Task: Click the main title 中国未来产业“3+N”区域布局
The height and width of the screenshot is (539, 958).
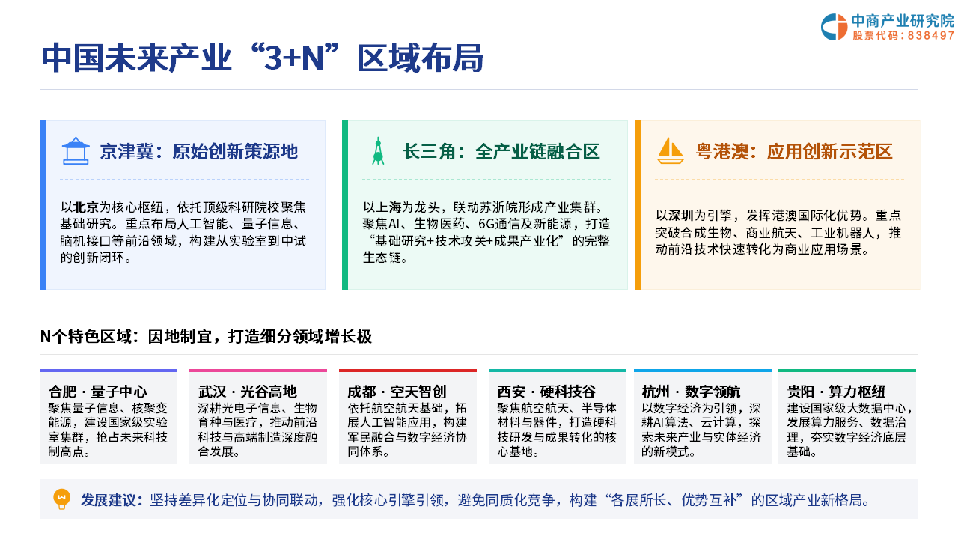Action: coord(262,58)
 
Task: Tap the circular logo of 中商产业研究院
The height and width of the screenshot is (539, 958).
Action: coord(834,27)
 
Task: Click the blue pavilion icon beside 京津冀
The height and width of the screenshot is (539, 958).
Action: coord(76,151)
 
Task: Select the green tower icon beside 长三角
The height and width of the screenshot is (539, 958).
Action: coord(378,151)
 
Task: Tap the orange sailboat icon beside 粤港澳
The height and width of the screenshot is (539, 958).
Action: coord(670,151)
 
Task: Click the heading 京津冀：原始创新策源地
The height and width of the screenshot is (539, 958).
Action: coord(199,151)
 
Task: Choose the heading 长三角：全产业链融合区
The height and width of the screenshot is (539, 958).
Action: coord(501,151)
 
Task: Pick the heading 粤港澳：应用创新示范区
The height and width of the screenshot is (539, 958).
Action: coord(794,151)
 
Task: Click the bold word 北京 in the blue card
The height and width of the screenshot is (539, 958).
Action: coord(86,207)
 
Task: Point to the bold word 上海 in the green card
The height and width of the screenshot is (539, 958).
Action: coord(388,207)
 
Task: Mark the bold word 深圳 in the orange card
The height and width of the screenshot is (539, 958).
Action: coord(681,215)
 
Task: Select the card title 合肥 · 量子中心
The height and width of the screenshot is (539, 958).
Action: coord(97,392)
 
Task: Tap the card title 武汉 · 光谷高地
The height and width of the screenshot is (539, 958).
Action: coord(247,392)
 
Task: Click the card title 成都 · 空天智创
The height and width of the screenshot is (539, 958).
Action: coord(397,392)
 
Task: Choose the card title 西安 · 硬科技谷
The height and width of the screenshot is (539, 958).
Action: coord(546,392)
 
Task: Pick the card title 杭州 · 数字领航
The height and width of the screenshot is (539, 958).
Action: coord(691,392)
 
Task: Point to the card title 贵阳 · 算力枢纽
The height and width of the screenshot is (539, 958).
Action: coord(836,392)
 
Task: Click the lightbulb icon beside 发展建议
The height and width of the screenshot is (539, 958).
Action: coord(61,499)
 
